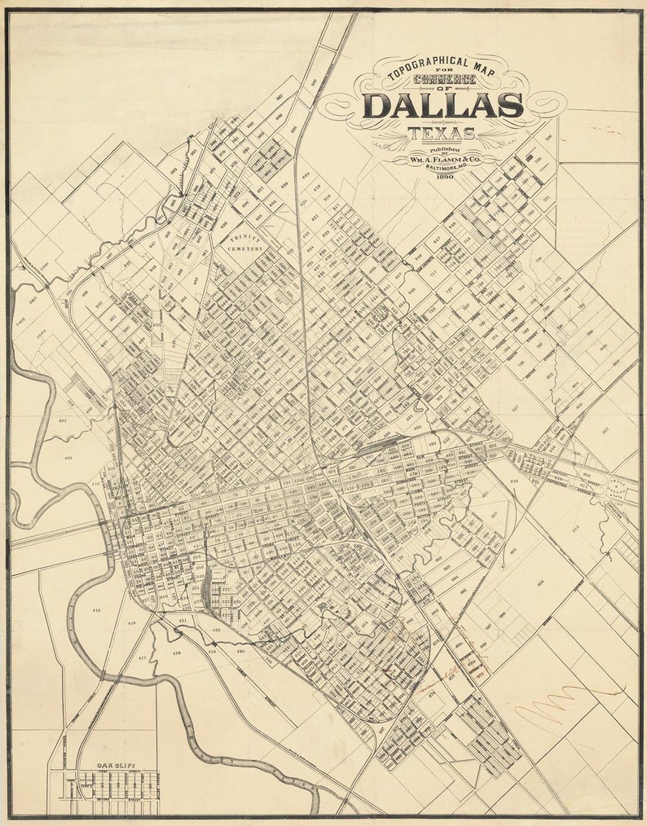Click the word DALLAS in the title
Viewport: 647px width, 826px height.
[x=442, y=105]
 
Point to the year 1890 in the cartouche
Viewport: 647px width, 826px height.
[x=445, y=176]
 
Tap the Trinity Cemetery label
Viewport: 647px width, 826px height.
[x=244, y=243]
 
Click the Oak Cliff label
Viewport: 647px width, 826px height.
[x=115, y=766]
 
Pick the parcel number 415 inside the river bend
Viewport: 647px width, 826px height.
[x=97, y=610]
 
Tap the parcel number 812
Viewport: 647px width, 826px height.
[x=574, y=528]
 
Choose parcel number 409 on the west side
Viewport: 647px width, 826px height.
[x=66, y=459]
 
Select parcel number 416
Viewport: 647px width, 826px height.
[x=132, y=623]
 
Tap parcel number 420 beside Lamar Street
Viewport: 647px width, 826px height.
[x=240, y=652]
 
